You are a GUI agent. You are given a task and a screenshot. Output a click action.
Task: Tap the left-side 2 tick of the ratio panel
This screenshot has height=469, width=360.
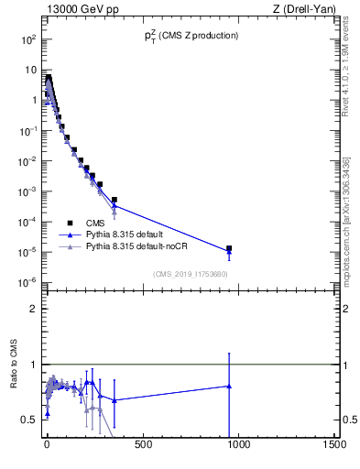[31, 309]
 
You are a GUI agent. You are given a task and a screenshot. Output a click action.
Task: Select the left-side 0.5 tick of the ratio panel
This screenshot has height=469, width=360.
[27, 420]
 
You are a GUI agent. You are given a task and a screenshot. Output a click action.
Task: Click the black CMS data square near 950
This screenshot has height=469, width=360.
[229, 248]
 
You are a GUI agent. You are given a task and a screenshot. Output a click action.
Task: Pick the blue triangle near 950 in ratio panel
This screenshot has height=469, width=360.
[229, 386]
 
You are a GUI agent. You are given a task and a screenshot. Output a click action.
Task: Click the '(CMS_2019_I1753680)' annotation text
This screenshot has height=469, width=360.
[190, 273]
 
